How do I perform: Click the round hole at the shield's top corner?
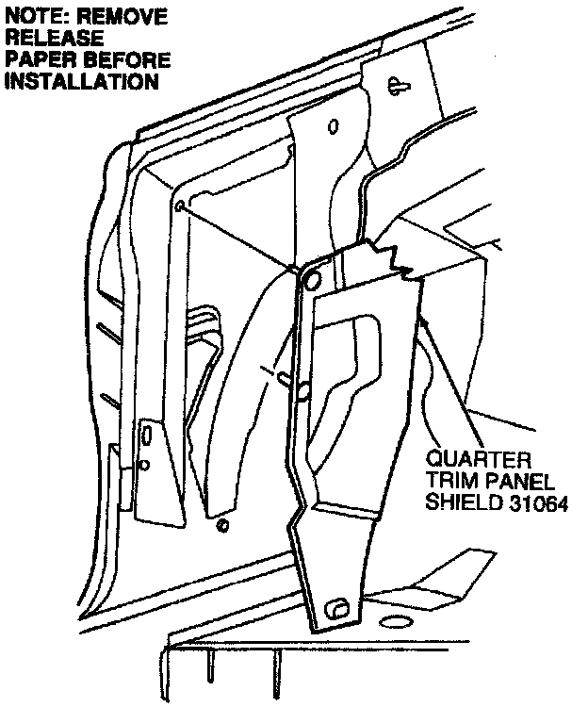click(x=313, y=276)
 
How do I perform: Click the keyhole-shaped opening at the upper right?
click(x=396, y=86)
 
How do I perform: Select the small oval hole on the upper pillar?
click(x=333, y=126)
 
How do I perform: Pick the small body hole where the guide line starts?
click(x=178, y=206)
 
